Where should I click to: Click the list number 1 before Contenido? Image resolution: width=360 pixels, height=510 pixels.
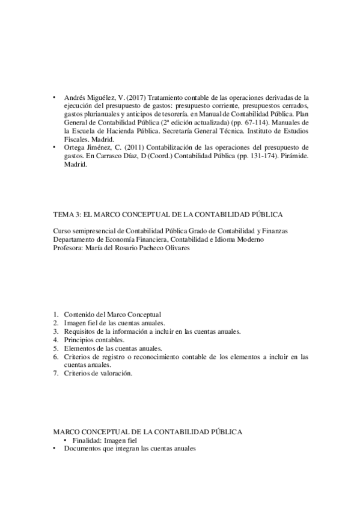[55, 315]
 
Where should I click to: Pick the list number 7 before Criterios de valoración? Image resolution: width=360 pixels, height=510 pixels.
[55, 373]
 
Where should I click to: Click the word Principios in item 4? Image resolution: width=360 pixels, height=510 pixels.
[79, 340]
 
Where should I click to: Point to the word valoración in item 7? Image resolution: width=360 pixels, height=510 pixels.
[116, 373]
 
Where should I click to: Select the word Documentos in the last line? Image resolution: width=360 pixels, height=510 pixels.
[83, 449]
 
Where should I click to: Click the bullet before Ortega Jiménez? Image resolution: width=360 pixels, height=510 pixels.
[55, 147]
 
